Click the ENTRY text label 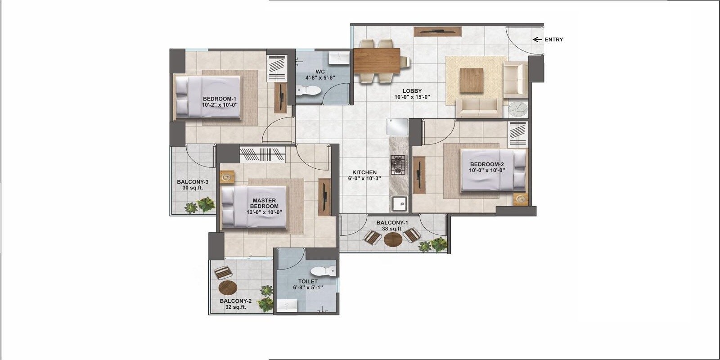[553, 40]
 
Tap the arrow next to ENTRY [537, 40]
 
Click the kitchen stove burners [397, 165]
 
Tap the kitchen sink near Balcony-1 [399, 204]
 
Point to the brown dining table [377, 61]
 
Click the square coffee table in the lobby [471, 80]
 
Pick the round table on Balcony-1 [393, 239]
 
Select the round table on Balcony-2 [228, 287]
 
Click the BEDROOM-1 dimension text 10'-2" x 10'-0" [220, 104]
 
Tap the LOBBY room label [412, 91]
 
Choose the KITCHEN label [364, 172]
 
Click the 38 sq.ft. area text [392, 229]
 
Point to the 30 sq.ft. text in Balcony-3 [193, 188]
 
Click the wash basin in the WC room [339, 58]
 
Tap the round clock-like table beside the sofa [517, 109]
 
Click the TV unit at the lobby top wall [437, 31]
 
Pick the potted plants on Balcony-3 [200, 206]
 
